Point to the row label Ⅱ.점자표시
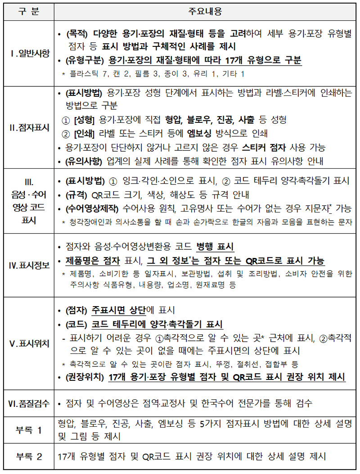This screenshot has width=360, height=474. click(28, 127)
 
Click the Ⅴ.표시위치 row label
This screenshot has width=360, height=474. click(28, 343)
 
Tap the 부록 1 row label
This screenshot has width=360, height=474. click(28, 430)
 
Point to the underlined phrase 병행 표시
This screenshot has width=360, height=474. click(215, 247)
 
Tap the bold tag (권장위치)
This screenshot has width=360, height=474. click(85, 377)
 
